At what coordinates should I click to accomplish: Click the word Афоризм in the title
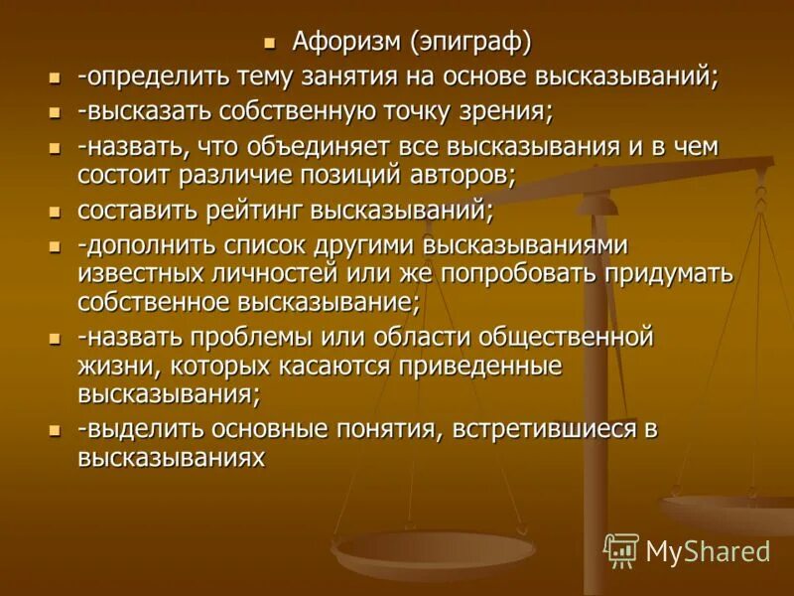click(340, 43)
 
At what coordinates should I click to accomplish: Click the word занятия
click(344, 76)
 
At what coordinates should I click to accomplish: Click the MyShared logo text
click(708, 550)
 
